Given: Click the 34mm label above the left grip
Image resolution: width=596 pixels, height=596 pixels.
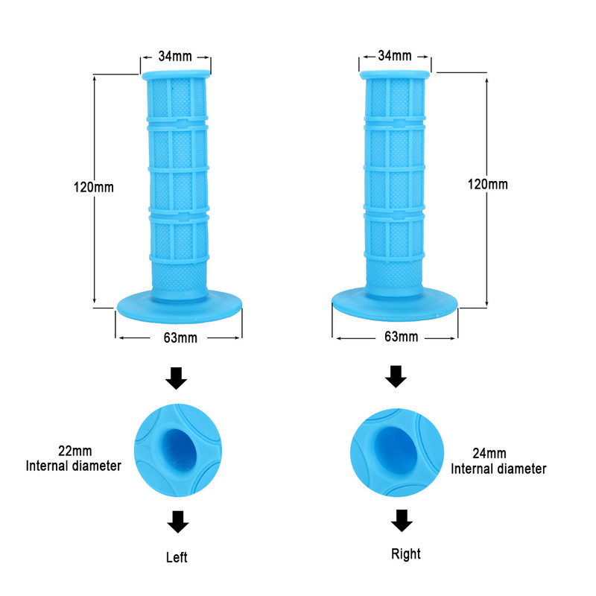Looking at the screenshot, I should (176, 56).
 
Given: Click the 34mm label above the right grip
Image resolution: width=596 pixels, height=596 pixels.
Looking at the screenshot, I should (395, 56).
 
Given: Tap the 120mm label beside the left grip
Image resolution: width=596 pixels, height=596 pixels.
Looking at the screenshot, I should (94, 188).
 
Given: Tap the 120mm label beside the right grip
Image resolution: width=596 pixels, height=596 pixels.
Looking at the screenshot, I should (487, 184).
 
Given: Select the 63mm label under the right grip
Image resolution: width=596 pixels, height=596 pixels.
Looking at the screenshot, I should (400, 337).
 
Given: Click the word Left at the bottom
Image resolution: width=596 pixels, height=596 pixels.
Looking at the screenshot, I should (177, 557).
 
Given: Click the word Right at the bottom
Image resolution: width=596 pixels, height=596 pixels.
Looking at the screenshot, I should (405, 554).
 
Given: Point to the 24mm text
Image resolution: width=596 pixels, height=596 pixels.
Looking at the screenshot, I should (489, 453).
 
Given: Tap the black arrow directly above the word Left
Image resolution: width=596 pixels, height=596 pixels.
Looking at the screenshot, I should (177, 521).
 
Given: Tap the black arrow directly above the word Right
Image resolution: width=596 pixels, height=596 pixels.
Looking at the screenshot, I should (402, 519).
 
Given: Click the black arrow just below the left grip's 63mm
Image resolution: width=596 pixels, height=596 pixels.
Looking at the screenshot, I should (176, 377).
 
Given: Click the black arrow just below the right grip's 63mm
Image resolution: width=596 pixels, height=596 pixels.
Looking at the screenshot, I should (396, 376).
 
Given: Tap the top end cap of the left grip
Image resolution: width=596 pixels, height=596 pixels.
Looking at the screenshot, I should (176, 74).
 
